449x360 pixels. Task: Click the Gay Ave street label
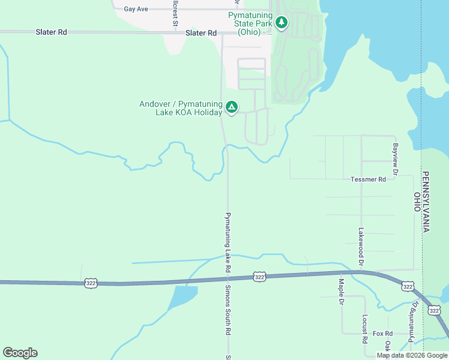[136, 10]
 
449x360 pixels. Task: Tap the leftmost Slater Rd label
[51, 32]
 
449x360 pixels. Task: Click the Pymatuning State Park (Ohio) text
[251, 23]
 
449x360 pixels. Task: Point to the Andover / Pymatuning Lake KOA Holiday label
[180, 108]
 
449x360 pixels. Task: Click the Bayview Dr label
[395, 159]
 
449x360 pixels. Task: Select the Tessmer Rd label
[369, 179]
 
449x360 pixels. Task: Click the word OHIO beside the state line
[417, 202]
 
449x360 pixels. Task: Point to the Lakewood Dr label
[361, 247]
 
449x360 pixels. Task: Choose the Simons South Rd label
[228, 310]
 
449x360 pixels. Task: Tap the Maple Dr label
[340, 291]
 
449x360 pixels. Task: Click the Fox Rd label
[382, 334]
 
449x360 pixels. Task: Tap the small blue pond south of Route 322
[182, 297]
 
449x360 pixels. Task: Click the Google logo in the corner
[20, 353]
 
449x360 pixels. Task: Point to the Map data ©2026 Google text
[412, 356]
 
